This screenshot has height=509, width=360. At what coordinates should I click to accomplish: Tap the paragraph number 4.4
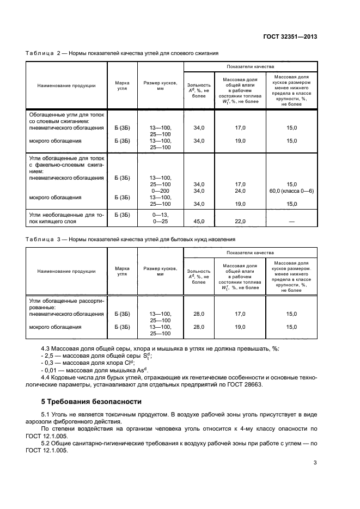pos(47,377)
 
